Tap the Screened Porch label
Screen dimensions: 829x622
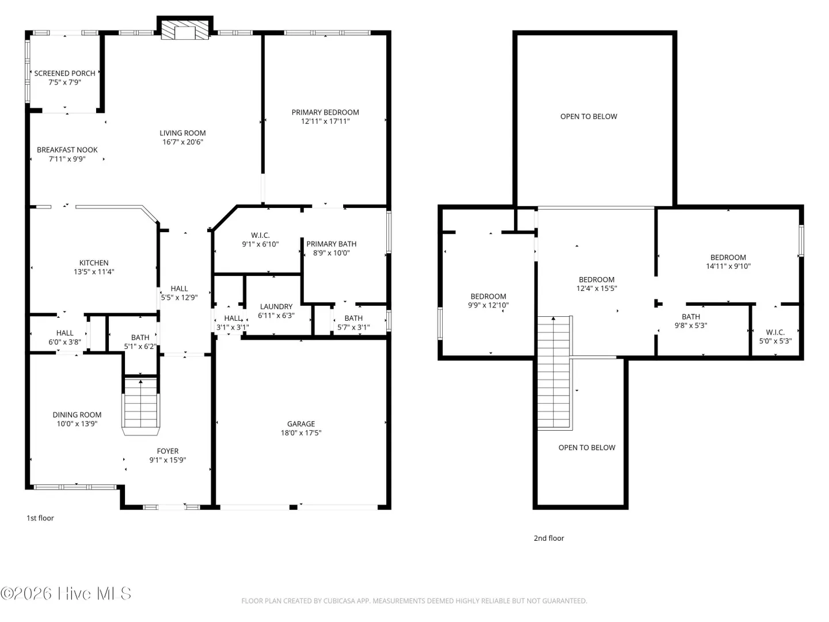pos(64,73)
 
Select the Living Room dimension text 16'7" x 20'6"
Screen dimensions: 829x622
pos(183,142)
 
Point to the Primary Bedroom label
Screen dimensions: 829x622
pos(325,112)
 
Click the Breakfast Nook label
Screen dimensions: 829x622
pos(67,150)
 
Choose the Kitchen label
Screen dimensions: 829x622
pos(94,263)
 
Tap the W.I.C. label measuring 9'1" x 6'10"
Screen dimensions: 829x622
pos(260,236)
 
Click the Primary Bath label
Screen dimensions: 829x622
pos(331,244)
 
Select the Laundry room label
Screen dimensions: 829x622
pos(276,306)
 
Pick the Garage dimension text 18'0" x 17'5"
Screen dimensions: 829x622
pos(301,433)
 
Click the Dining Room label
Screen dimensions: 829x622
pos(77,415)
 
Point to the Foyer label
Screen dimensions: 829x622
pos(168,451)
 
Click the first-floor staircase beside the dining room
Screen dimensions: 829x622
pos(140,407)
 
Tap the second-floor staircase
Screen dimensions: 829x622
pos(554,373)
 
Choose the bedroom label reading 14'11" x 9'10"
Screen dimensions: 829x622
pos(728,261)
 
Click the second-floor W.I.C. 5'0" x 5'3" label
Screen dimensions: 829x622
pos(775,336)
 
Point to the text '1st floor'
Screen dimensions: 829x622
pos(40,518)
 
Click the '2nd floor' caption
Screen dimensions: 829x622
pos(549,538)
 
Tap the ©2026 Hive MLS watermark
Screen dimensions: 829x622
pos(66,593)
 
